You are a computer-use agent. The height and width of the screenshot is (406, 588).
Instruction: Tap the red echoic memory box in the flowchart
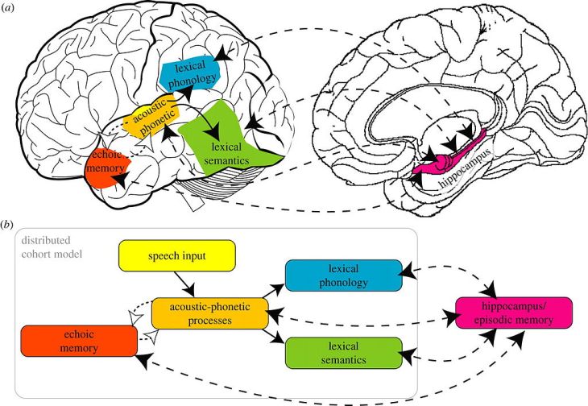tap(78, 342)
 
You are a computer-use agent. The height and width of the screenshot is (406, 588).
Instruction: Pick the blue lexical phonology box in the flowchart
tap(343, 275)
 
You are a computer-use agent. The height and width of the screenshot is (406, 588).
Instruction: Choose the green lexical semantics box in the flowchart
tap(343, 352)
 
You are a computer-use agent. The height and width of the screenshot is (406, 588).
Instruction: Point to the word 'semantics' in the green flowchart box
tap(343, 358)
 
